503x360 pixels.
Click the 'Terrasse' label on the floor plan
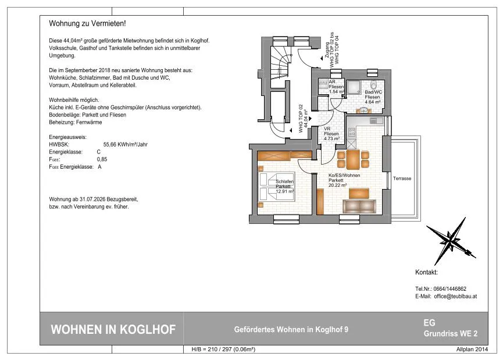[x=402, y=179]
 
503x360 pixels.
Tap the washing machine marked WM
[x=323, y=83]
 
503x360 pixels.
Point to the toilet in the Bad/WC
[x=373, y=85]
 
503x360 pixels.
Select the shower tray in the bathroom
[x=352, y=87]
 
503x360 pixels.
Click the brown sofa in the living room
[x=359, y=206]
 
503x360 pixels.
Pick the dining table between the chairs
[x=353, y=159]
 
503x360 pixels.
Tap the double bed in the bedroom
[x=276, y=187]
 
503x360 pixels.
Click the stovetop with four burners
[x=352, y=132]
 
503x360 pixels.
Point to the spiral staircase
[x=281, y=67]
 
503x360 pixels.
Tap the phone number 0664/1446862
[x=448, y=289]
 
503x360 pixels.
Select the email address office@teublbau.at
[x=455, y=297]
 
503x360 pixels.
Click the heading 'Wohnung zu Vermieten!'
[x=87, y=23]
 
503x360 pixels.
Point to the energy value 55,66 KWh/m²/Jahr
[x=126, y=144]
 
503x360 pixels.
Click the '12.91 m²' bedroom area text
[x=285, y=191]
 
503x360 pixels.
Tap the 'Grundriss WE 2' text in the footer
[x=451, y=333]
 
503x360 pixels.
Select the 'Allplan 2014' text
[x=472, y=350]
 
